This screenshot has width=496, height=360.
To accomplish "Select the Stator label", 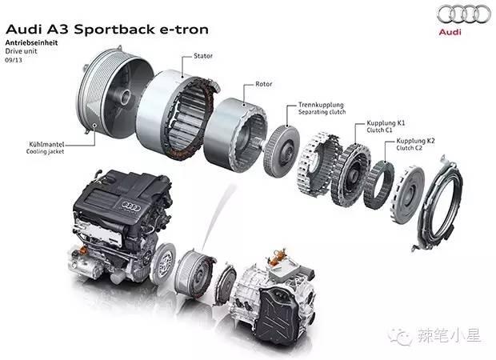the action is point(202,57).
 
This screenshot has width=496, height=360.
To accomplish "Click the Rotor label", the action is point(264,83).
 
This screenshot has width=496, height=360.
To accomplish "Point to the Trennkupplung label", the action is point(321,105).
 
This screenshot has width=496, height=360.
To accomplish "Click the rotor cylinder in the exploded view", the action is point(236,132).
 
